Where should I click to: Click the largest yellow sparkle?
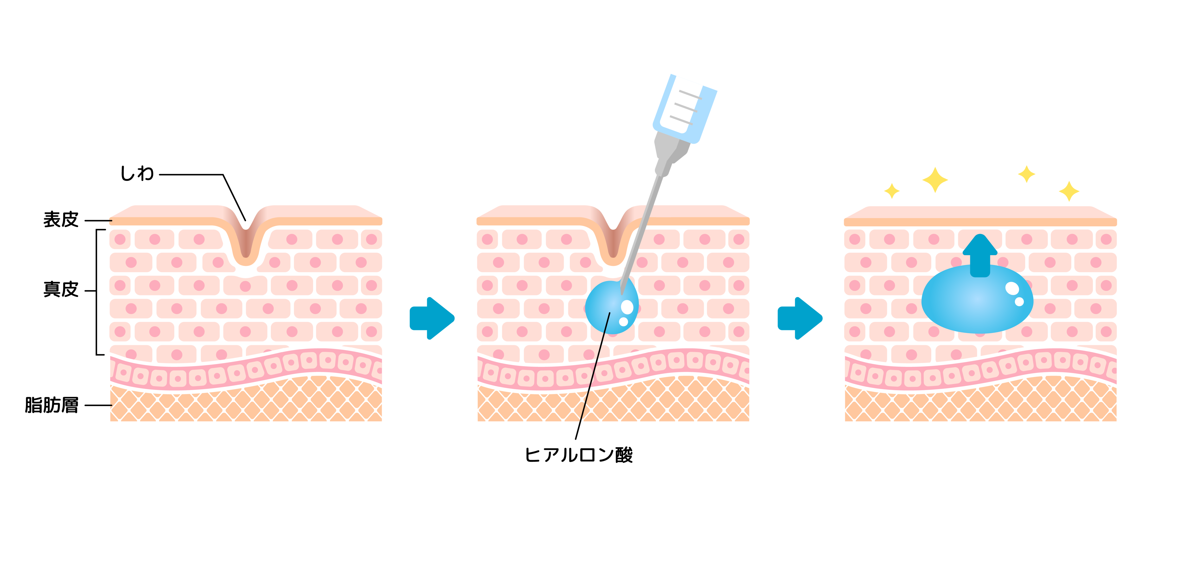coord(935,180)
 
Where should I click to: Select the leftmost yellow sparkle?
coord(891,190)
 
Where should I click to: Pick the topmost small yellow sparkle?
coord(1026,174)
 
